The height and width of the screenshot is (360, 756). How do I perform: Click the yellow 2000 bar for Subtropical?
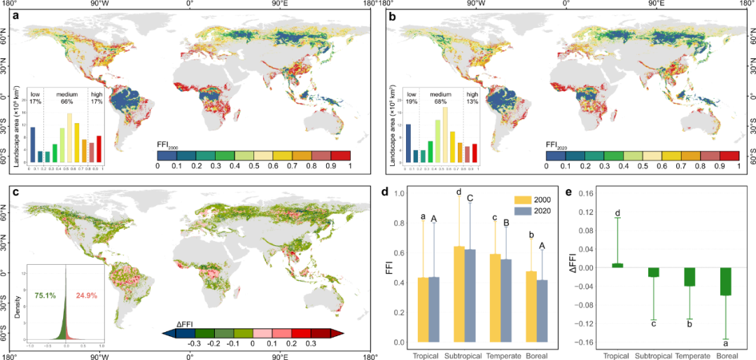(x=459, y=294)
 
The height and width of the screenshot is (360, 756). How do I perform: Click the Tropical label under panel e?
(x=617, y=354)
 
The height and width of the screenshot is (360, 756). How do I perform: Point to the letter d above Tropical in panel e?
(x=617, y=213)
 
